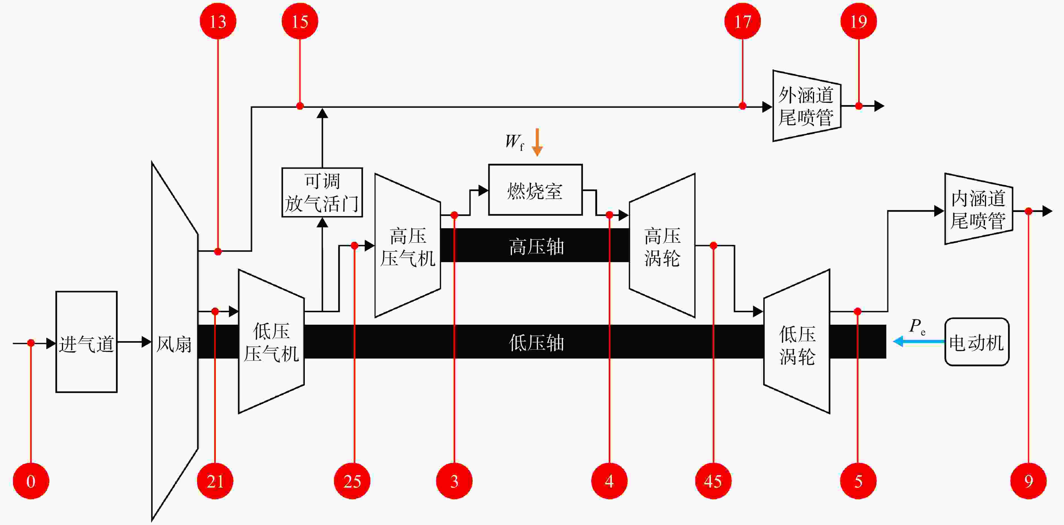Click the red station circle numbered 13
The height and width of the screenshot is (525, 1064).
point(218,21)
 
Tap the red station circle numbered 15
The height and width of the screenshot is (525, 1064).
point(300,21)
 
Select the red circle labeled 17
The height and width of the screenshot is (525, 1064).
point(743,21)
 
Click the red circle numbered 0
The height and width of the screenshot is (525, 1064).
point(31,481)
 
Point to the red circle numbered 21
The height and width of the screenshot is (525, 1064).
point(215,481)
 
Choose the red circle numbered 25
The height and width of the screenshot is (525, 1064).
point(352,481)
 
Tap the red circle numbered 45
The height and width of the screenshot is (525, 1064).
point(713,481)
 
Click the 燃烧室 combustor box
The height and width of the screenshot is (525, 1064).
point(535,190)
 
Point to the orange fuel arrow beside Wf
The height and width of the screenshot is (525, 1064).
point(537,142)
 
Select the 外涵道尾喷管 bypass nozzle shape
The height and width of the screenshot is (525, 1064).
point(807,106)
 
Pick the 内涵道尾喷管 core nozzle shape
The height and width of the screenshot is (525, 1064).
point(978,209)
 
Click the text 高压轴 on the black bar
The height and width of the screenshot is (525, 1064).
point(536,247)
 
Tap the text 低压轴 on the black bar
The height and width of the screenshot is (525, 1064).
point(536,342)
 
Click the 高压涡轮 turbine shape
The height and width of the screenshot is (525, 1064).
point(662,246)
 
